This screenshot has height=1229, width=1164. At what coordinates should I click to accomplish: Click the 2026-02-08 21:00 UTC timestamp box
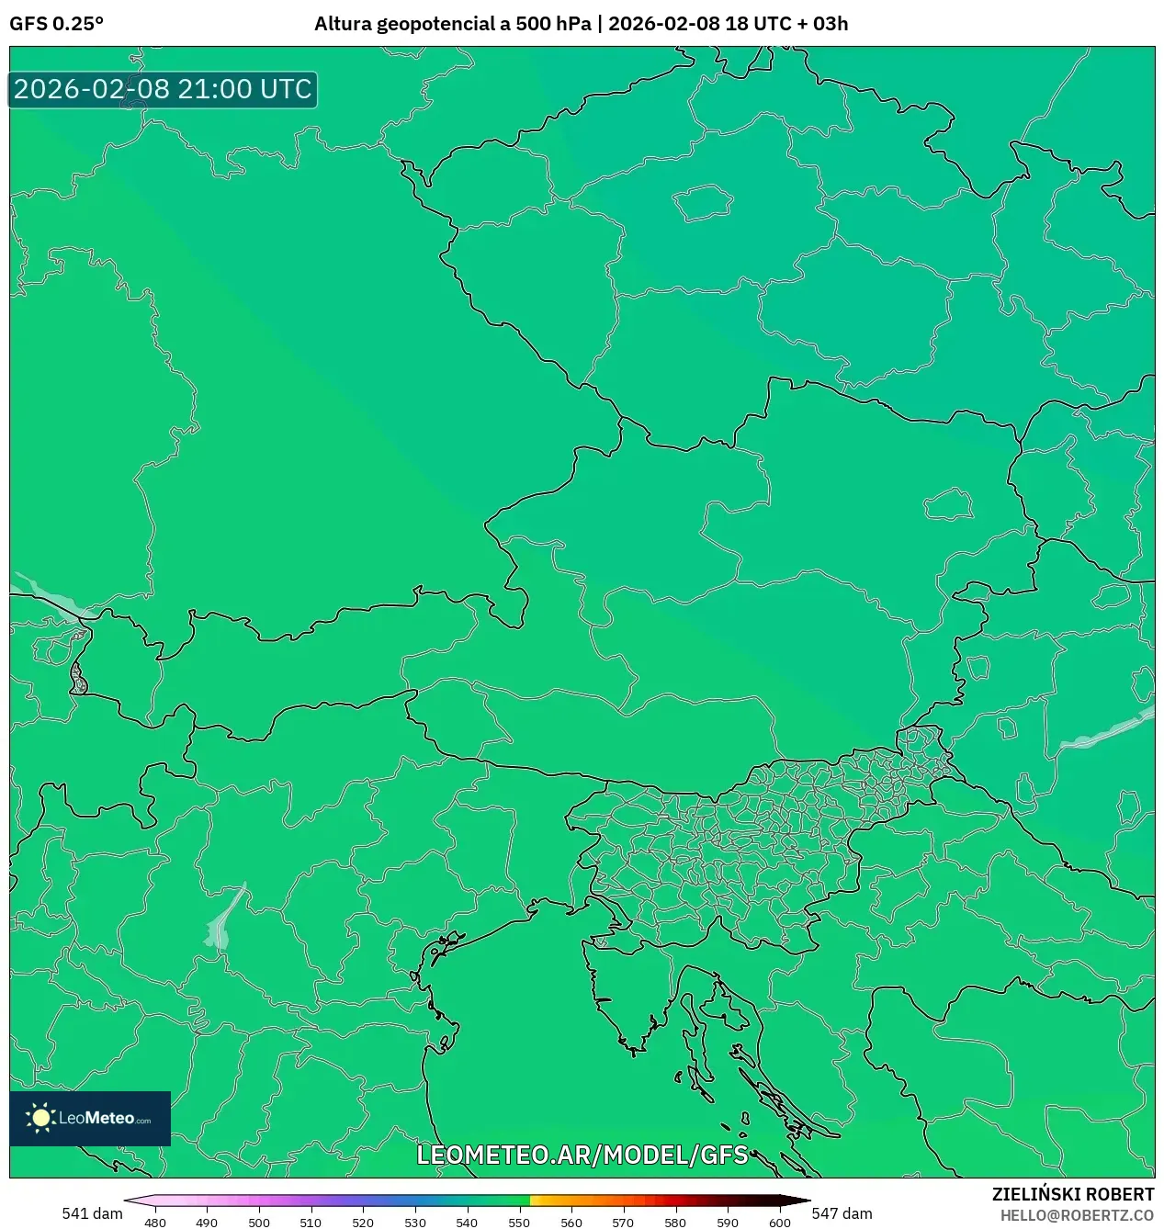click(163, 89)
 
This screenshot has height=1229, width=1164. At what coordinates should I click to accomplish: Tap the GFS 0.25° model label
click(56, 24)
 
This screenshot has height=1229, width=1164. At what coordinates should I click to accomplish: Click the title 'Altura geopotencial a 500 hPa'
click(452, 24)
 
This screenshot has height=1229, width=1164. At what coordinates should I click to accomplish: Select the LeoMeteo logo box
click(90, 1118)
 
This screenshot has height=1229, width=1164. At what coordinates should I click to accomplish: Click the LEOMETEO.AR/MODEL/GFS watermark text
click(582, 1155)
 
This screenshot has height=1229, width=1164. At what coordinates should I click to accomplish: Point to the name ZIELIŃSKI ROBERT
click(1072, 1194)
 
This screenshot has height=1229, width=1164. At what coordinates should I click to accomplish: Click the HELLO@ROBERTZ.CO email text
click(1077, 1215)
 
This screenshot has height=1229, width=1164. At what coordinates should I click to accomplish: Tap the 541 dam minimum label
click(92, 1213)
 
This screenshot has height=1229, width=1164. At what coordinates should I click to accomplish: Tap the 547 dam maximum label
click(842, 1213)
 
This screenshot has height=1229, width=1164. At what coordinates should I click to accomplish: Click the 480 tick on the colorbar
click(155, 1223)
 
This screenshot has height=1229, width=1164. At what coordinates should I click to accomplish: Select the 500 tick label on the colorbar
click(259, 1223)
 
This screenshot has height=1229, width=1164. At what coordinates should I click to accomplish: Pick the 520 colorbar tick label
click(363, 1223)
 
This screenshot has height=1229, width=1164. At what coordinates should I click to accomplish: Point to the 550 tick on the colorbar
click(519, 1223)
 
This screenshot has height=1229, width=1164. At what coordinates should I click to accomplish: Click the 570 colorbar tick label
click(623, 1223)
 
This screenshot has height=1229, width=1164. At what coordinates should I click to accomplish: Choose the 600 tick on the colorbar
click(779, 1223)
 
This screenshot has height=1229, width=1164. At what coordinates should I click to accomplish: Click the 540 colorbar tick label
click(467, 1223)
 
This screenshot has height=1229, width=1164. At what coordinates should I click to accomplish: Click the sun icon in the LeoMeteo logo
click(40, 1118)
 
